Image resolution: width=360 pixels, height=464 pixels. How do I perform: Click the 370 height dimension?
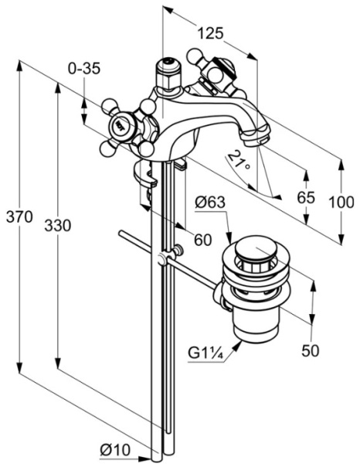tap(19, 217)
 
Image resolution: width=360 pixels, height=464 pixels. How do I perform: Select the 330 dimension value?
tap(58, 226)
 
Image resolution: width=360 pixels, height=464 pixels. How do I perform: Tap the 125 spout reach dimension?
tap(210, 33)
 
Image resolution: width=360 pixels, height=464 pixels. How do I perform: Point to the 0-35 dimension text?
tap(84, 68)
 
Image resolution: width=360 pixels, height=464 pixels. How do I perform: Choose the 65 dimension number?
tap(306, 197)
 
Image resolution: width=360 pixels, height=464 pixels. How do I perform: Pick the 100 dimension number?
tap(341, 203)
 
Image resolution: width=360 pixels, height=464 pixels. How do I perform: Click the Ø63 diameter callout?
tap(210, 203)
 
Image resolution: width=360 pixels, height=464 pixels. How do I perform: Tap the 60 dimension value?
tap(202, 240)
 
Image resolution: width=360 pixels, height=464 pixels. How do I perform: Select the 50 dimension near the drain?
tap(311, 350)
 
